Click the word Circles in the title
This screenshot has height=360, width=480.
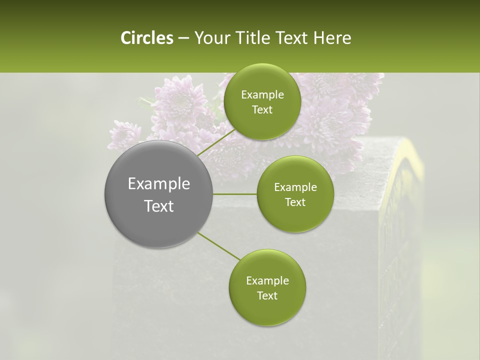[146, 38]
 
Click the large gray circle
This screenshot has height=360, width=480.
[158, 194]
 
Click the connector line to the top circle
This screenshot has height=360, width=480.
[216, 142]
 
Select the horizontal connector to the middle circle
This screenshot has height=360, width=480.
[235, 194]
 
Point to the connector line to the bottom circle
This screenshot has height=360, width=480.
[219, 246]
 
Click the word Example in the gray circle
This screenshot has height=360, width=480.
[158, 184]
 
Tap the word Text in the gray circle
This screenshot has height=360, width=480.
[158, 206]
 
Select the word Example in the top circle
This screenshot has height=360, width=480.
[262, 95]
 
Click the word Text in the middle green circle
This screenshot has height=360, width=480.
[295, 202]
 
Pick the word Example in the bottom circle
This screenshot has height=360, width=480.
[267, 281]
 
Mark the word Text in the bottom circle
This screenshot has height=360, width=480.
[267, 296]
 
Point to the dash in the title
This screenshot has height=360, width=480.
[183, 38]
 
